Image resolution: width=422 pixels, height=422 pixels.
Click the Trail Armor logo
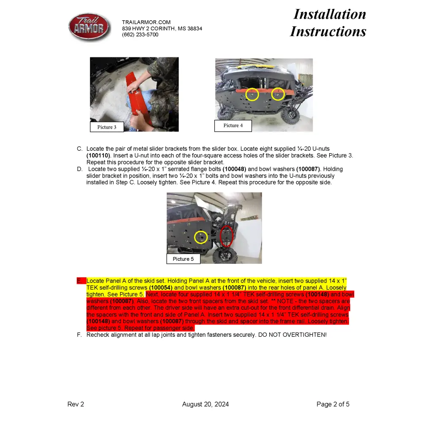[89, 27]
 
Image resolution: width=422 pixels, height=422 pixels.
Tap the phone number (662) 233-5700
[140, 35]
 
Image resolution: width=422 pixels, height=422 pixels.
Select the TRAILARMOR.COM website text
[146, 22]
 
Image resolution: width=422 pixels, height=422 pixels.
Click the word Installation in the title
[330, 14]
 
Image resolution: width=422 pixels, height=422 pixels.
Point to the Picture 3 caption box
[107, 127]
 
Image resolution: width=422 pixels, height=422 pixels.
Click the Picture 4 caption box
[233, 125]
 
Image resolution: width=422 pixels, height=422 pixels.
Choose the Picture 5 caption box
[183, 259]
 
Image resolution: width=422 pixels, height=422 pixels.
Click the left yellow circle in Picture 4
[252, 95]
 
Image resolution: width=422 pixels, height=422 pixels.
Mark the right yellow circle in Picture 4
[278, 94]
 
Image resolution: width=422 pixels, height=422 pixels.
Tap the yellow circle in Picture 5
[201, 237]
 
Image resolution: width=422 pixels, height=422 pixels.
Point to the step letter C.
[79, 149]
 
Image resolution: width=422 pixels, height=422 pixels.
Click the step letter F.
[79, 335]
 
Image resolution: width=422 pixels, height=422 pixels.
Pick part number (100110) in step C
[98, 156]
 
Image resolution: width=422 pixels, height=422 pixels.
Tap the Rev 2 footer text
[76, 404]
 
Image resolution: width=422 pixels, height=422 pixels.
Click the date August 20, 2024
[206, 404]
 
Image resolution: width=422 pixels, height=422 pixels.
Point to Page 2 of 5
[333, 404]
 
